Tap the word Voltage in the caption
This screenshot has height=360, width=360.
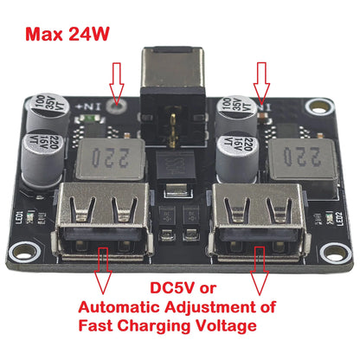[220, 326]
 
